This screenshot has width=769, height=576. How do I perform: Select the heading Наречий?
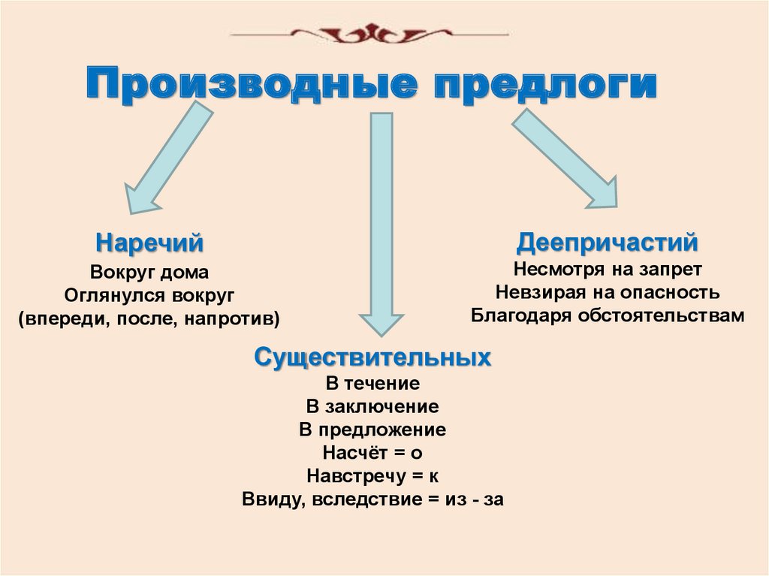[x=150, y=243]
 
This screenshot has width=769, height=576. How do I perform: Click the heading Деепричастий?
[x=608, y=243]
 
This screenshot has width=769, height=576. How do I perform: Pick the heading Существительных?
[x=372, y=357]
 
